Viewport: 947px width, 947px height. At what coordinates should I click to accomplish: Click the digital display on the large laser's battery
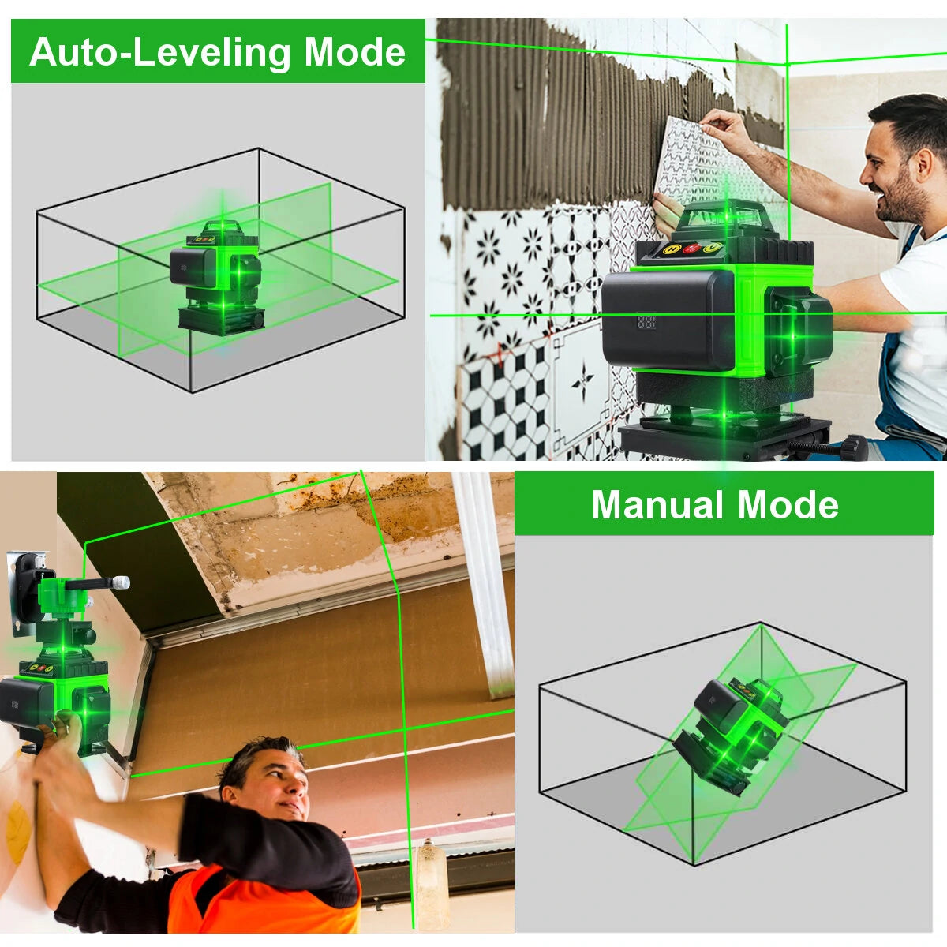(647, 322)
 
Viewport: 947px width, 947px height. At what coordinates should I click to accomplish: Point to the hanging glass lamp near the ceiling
(430, 876)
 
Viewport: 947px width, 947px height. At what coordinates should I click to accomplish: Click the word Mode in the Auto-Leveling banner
(354, 52)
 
